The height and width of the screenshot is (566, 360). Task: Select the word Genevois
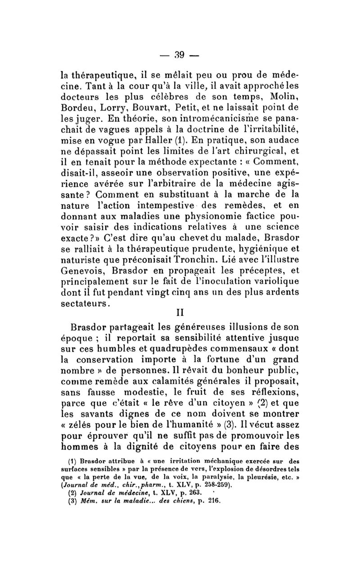click(83, 272)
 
